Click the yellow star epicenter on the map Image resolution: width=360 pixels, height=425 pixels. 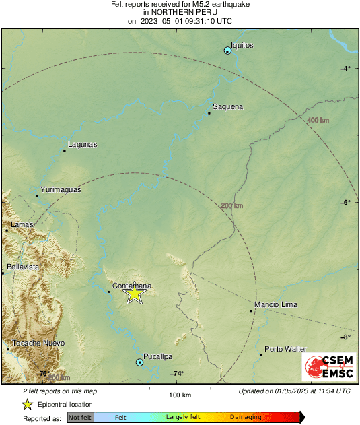point(135,294)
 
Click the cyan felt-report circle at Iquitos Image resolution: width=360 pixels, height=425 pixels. point(227,51)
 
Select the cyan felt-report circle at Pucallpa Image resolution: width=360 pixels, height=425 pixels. point(139,362)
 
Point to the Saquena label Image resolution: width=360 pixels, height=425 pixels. point(227,107)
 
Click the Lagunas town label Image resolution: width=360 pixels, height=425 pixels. point(83,144)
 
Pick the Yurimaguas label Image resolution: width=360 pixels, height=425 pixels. point(61,190)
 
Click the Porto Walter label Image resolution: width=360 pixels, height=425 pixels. point(285,349)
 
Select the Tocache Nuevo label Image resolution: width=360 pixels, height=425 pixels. point(38,343)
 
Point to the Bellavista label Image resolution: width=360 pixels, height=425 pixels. point(23,267)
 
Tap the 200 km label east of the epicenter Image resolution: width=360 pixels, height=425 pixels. point(231,205)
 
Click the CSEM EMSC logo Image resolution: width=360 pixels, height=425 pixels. point(326,367)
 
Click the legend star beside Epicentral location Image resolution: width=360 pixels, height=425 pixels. point(27,404)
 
